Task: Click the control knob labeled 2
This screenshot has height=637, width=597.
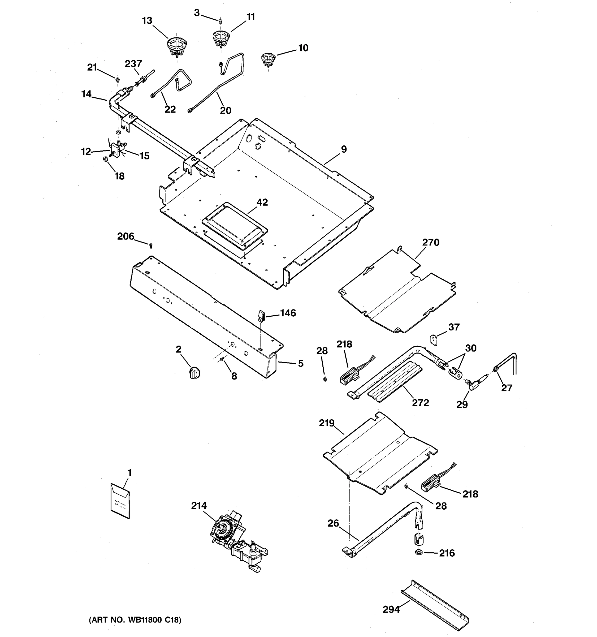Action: pos(194,373)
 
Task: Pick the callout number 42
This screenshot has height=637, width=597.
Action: pos(262,202)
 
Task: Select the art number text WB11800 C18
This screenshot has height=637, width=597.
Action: pos(135,620)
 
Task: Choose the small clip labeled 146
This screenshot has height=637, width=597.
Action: pos(261,315)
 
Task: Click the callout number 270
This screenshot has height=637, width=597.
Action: pos(430,243)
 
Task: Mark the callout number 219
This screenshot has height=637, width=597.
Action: pos(326,423)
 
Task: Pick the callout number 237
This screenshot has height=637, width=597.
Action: pos(133,64)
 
